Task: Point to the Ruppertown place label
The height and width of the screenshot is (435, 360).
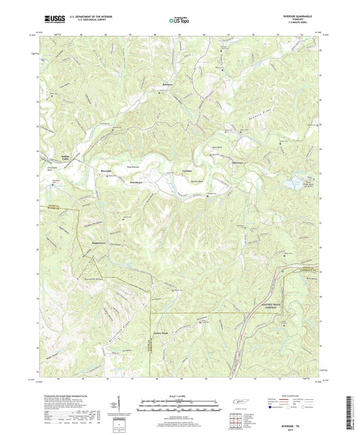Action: tap(99, 241)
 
